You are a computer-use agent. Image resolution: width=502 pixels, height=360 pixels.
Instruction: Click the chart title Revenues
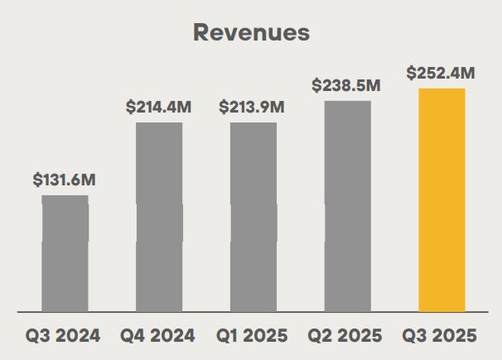point(251,32)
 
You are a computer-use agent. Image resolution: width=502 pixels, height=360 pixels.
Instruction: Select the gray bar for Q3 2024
point(65,254)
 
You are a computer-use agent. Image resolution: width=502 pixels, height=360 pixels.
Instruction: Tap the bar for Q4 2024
point(159,218)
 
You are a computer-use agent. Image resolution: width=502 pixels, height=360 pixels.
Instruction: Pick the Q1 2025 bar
point(253,218)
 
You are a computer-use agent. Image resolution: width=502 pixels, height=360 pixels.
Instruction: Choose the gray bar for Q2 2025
point(348,207)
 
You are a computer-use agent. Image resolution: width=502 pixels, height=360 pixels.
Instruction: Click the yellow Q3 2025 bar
point(442,201)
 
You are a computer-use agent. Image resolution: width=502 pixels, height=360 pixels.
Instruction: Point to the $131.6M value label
point(65,180)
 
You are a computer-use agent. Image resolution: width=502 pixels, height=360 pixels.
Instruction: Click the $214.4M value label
point(158,107)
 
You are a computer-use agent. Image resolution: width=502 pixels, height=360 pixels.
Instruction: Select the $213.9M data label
point(253,107)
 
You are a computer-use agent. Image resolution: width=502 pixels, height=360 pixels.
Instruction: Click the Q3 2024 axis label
point(64,336)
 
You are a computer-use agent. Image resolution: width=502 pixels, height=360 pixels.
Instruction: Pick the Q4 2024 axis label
point(158,336)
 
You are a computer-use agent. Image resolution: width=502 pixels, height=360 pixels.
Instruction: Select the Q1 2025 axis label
point(253,336)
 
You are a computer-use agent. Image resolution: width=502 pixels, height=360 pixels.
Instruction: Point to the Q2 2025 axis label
point(346,336)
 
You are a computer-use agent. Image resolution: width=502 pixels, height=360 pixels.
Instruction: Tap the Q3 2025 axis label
point(441,336)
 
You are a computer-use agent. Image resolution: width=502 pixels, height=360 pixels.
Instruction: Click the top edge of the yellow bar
point(442,89)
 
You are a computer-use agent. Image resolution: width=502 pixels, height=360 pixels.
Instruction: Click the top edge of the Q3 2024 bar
point(65,196)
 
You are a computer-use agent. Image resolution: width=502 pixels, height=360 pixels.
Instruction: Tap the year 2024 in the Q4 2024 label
point(173,336)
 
